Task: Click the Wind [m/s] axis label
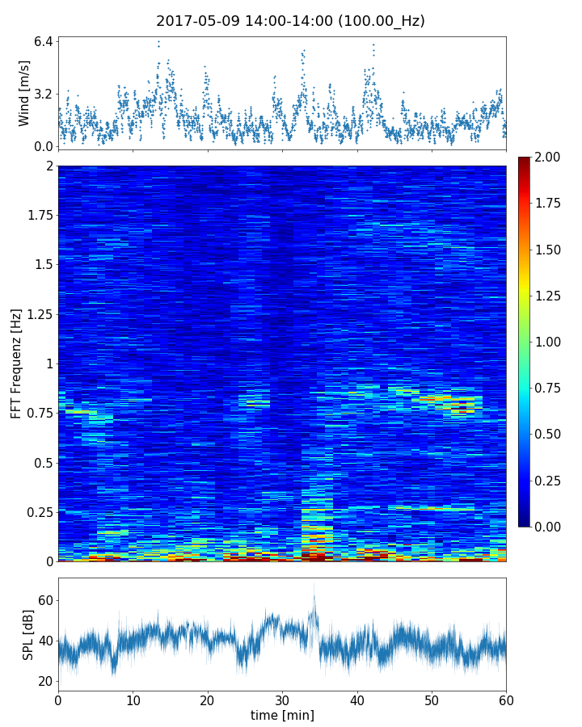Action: (24, 93)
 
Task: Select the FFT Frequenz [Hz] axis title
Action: (16, 363)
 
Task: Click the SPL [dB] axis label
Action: (28, 633)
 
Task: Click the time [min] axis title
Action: (282, 715)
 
